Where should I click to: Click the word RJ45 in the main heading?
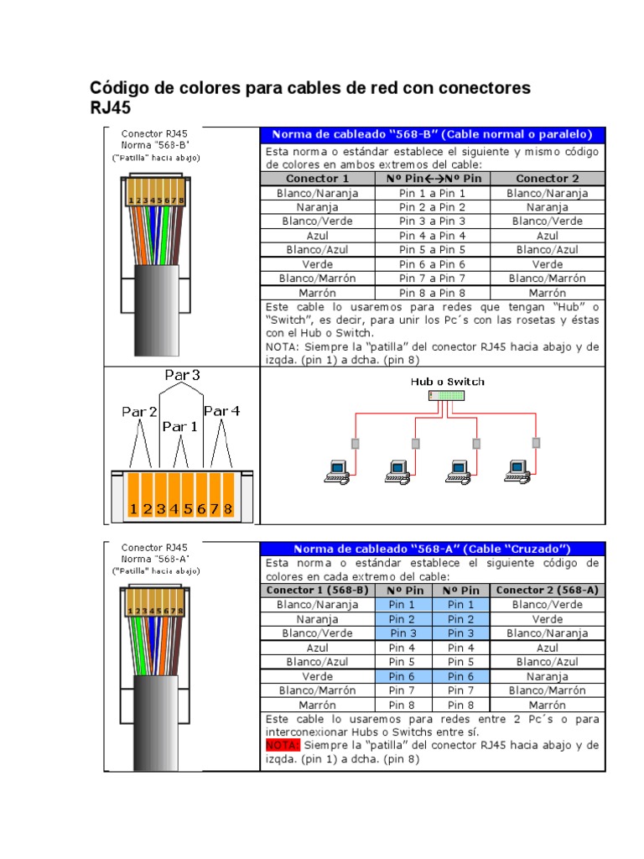(x=111, y=108)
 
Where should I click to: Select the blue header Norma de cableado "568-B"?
(x=432, y=134)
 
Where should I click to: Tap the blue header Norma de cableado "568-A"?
(x=432, y=549)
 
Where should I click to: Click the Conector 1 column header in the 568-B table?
(x=318, y=179)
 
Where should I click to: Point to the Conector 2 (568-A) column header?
(x=548, y=590)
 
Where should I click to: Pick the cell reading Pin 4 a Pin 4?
(x=432, y=236)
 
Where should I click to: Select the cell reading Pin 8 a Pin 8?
(x=432, y=293)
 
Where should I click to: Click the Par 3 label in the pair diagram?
(x=182, y=376)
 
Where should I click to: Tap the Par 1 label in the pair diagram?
(x=180, y=426)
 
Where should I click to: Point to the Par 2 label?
(x=139, y=411)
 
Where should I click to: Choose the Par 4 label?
(x=221, y=410)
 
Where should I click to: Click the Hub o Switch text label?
(x=447, y=381)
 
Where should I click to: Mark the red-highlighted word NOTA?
(x=281, y=745)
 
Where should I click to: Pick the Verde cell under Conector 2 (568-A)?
(x=548, y=619)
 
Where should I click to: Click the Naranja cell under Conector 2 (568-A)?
(x=548, y=676)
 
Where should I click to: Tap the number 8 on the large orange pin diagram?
(x=227, y=508)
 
